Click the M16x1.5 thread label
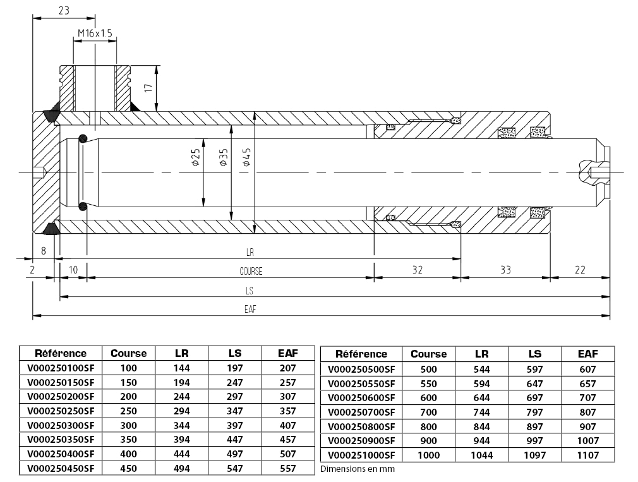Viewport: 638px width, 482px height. tap(95, 33)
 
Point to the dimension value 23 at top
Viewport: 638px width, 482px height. tap(64, 10)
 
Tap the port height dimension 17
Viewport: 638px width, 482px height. tap(148, 87)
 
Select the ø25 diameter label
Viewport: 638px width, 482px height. tap(196, 157)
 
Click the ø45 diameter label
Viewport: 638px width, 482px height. tap(246, 157)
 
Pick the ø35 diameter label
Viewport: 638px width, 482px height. tap(224, 157)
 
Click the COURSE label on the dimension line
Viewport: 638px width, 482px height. tap(251, 271)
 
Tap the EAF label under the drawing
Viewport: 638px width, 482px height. tap(250, 309)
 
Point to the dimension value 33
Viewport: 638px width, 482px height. tap(505, 270)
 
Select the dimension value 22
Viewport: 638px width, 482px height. tap(580, 270)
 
